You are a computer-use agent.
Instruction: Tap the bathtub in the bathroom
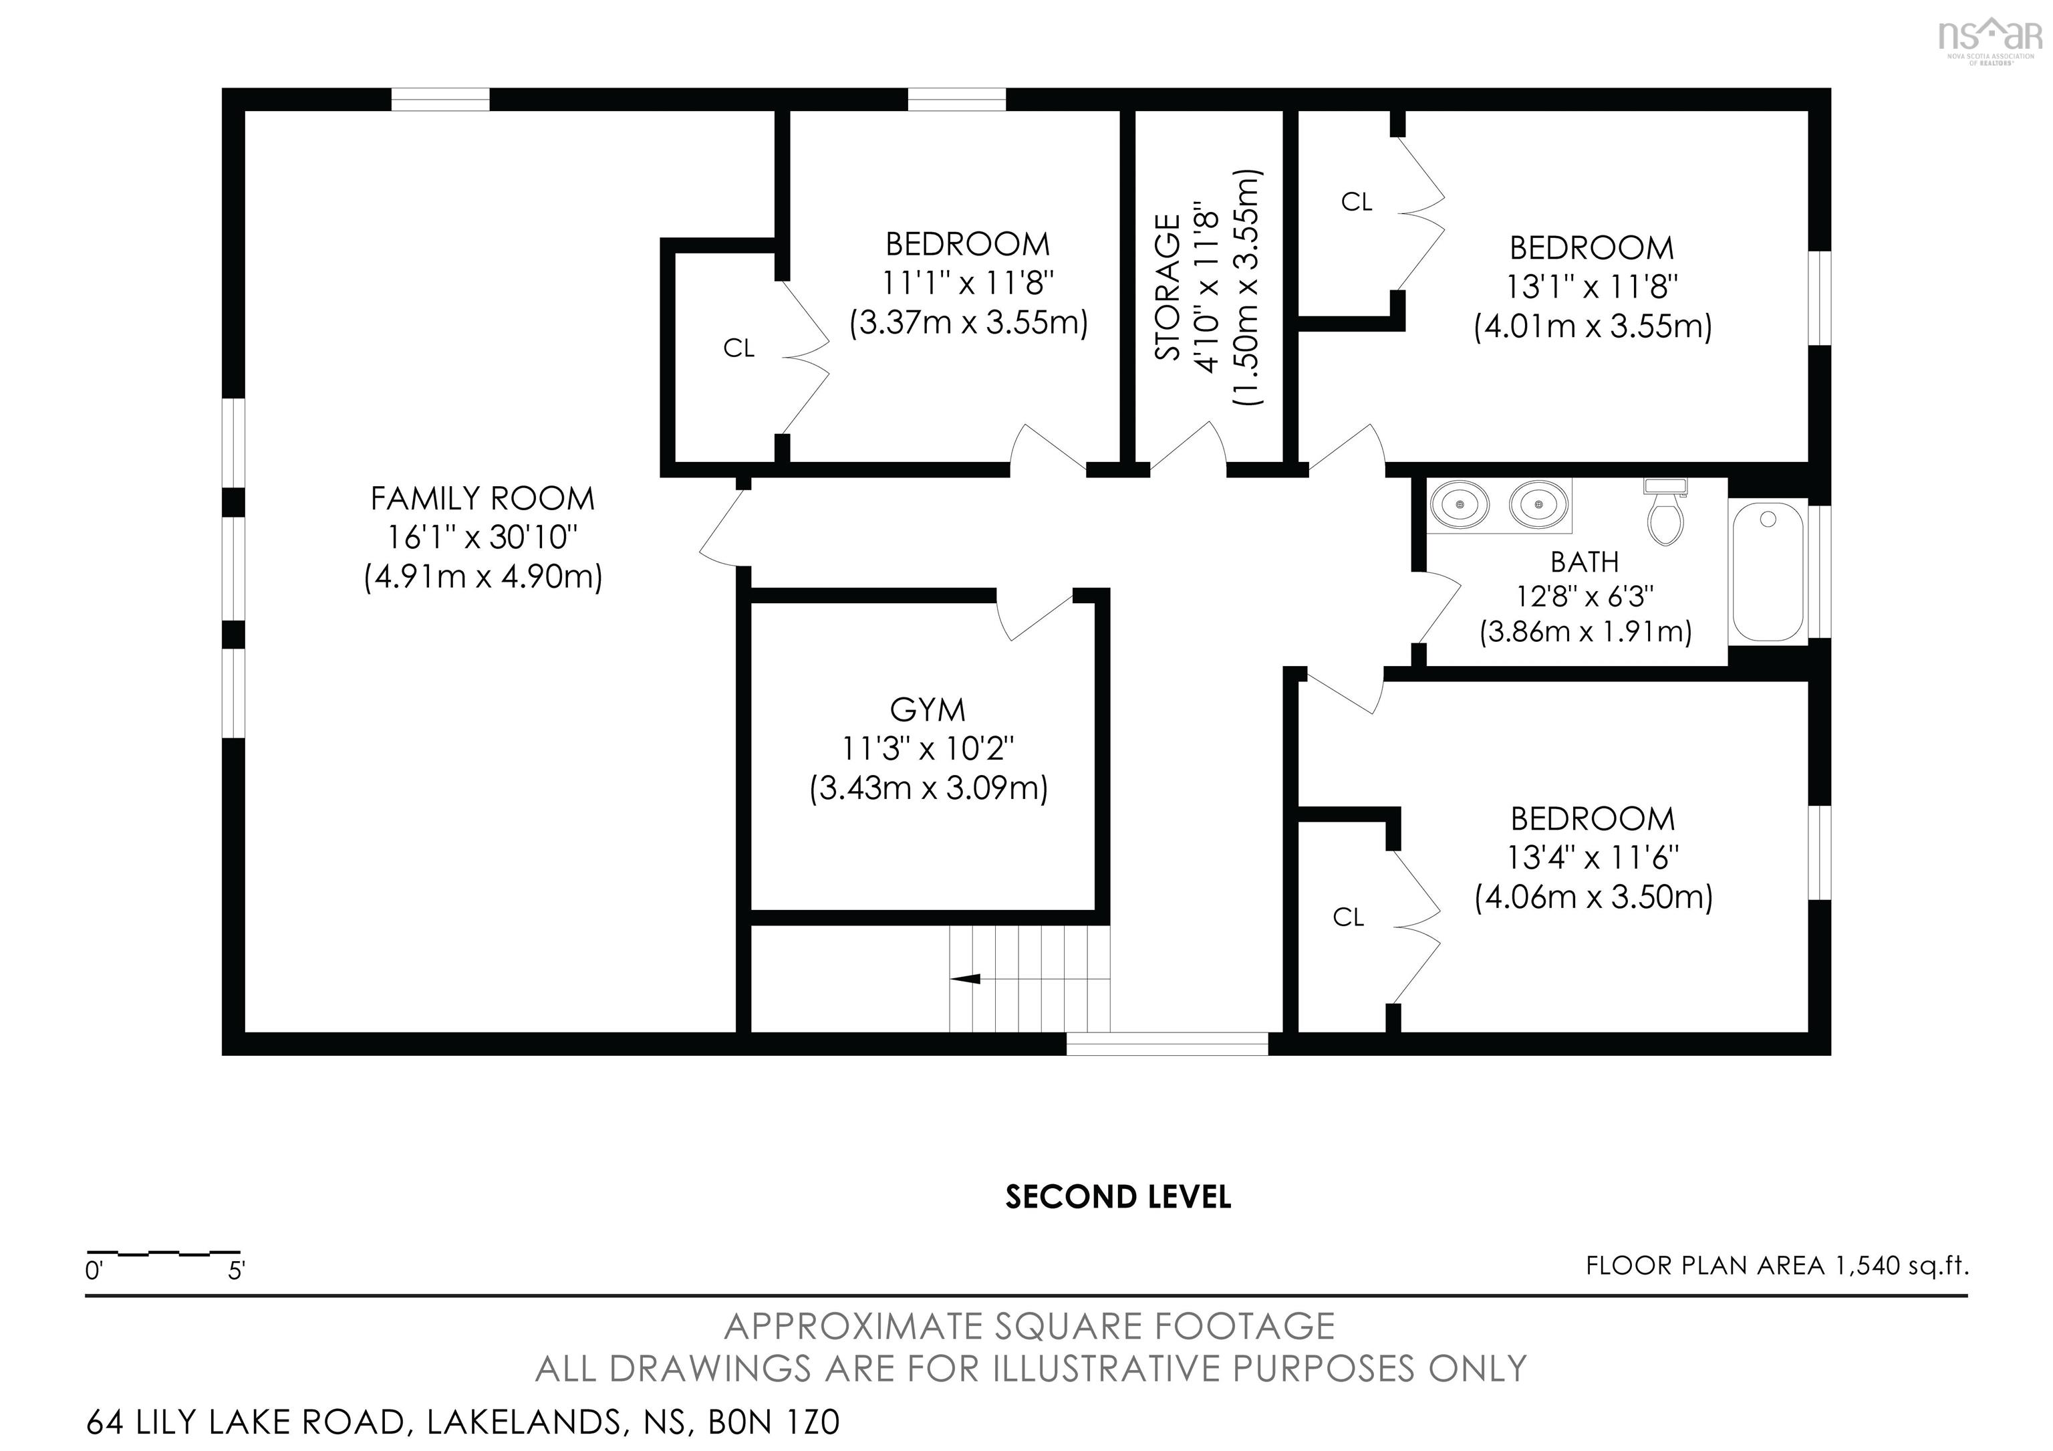pyautogui.click(x=1768, y=572)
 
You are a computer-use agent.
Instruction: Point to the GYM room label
pyautogui.click(x=927, y=710)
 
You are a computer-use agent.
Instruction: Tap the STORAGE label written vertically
pyautogui.click(x=1168, y=287)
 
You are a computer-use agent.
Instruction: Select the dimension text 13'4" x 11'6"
pyautogui.click(x=1593, y=858)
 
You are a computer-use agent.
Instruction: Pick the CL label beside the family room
pyautogui.click(x=738, y=348)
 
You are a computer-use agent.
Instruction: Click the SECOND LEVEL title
pyautogui.click(x=1117, y=1197)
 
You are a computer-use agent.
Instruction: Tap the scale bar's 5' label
pyautogui.click(x=236, y=1270)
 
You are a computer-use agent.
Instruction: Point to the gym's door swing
pyautogui.click(x=1035, y=615)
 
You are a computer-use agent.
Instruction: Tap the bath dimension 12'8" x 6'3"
pyautogui.click(x=1585, y=596)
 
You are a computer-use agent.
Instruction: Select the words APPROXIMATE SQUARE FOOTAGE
pyautogui.click(x=1029, y=1326)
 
